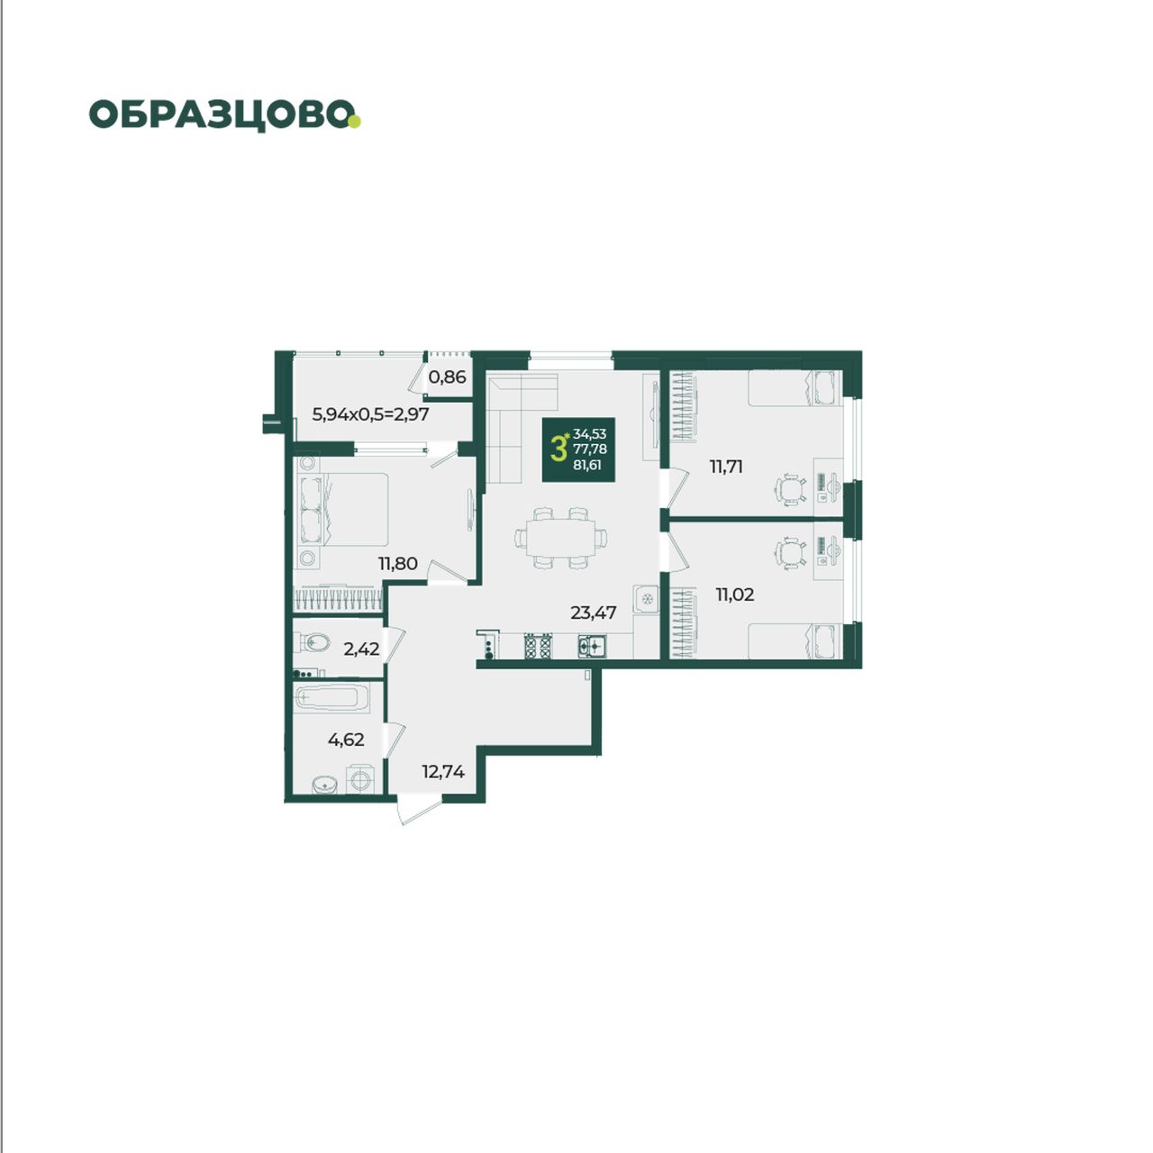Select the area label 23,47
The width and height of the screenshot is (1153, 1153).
tap(593, 613)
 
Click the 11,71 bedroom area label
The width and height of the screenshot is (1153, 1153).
tap(726, 466)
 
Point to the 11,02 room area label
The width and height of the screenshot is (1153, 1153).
tap(735, 595)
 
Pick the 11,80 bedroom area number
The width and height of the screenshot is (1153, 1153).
tap(397, 563)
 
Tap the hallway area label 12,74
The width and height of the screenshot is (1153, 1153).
tap(443, 771)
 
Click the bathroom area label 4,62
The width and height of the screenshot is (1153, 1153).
tap(346, 740)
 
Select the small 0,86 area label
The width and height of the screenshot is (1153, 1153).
tap(447, 377)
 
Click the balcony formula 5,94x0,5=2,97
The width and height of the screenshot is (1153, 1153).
tap(370, 413)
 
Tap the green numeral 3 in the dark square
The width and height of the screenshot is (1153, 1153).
tap(558, 449)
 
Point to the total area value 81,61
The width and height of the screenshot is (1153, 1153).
tap(587, 464)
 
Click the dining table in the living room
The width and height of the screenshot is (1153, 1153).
tap(560, 537)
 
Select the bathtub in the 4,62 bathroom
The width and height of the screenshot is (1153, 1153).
tap(332, 697)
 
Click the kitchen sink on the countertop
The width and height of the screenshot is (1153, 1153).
tap(593, 646)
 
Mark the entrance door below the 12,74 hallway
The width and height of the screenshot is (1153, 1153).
tap(420, 812)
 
